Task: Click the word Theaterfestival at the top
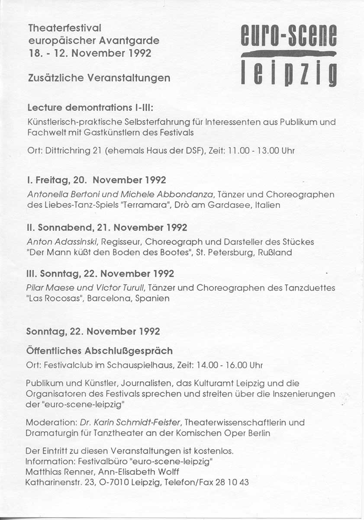64,28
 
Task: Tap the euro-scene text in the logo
288,36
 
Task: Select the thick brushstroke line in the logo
288,54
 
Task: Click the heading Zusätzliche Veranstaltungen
99,78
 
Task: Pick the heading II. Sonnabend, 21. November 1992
107,227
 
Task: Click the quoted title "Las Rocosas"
54,299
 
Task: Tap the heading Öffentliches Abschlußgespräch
100,351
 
